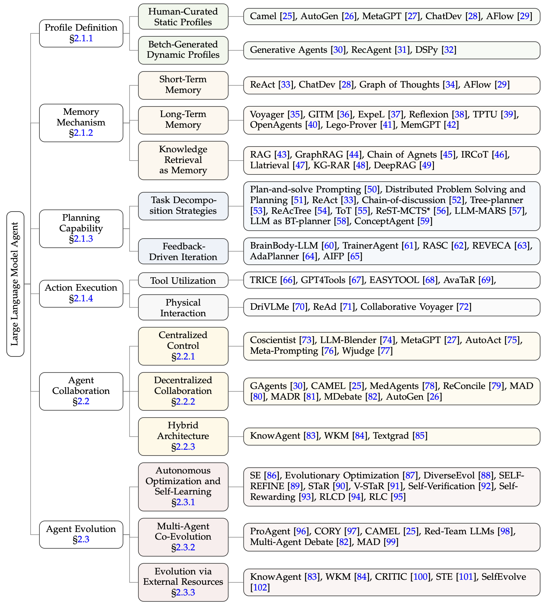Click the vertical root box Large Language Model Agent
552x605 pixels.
[15, 284]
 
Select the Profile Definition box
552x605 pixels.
[81, 33]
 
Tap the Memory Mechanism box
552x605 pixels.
[81, 122]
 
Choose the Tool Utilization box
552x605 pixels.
[183, 281]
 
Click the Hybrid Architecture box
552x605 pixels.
[183, 436]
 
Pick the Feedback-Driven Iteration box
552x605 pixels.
[183, 251]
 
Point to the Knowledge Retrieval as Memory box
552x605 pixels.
[183, 160]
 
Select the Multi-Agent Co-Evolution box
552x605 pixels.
[183, 537]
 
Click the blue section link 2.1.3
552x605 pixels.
[83, 239]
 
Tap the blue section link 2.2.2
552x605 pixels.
[185, 402]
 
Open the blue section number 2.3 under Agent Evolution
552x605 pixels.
[83, 540]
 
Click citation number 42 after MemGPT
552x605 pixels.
[451, 125]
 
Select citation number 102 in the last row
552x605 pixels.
[260, 587]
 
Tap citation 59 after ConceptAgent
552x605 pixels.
[425, 221]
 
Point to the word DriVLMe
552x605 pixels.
[270, 307]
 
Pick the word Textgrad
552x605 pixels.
[391, 436]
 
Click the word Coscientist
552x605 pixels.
[273, 340]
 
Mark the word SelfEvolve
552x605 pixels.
[503, 577]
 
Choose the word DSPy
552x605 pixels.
[426, 50]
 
